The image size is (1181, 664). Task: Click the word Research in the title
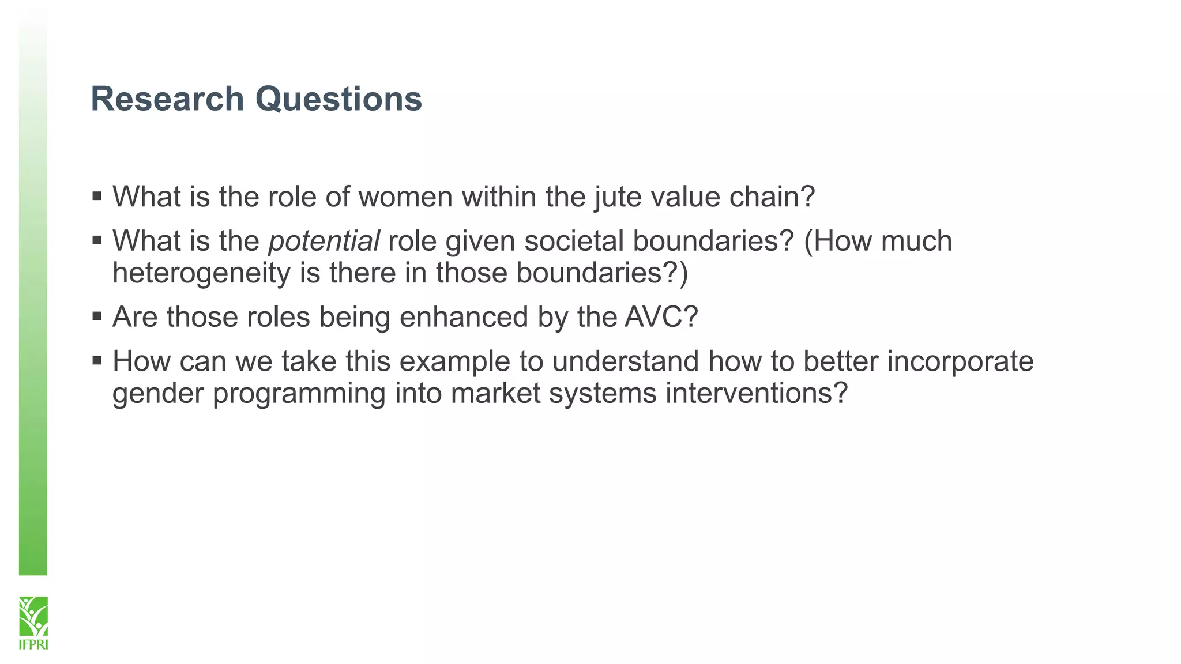coord(167,99)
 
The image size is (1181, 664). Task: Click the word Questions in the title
coord(338,99)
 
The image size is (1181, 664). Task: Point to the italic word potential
coord(324,241)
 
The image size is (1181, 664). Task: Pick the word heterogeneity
coord(201,273)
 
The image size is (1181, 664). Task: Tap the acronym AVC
coord(655,317)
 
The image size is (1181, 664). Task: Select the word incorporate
coord(960,361)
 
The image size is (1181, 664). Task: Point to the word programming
coord(299,394)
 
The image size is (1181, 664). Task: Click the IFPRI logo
coord(33,622)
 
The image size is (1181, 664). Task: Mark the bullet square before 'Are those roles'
coord(97,316)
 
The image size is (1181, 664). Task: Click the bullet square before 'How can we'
coord(97,360)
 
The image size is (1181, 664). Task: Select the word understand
coord(625,361)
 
